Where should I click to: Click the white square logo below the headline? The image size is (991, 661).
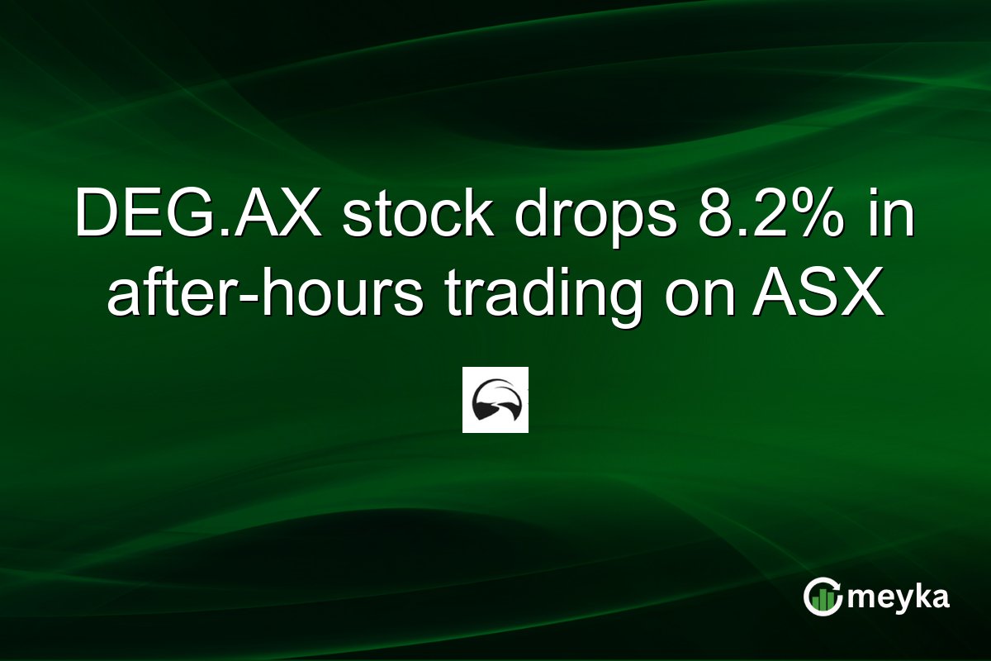coord(495,400)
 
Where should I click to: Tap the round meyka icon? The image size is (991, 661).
coord(823,597)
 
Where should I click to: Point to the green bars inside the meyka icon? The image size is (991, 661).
coord(823,602)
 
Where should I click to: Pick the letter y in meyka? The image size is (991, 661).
coord(901,600)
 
